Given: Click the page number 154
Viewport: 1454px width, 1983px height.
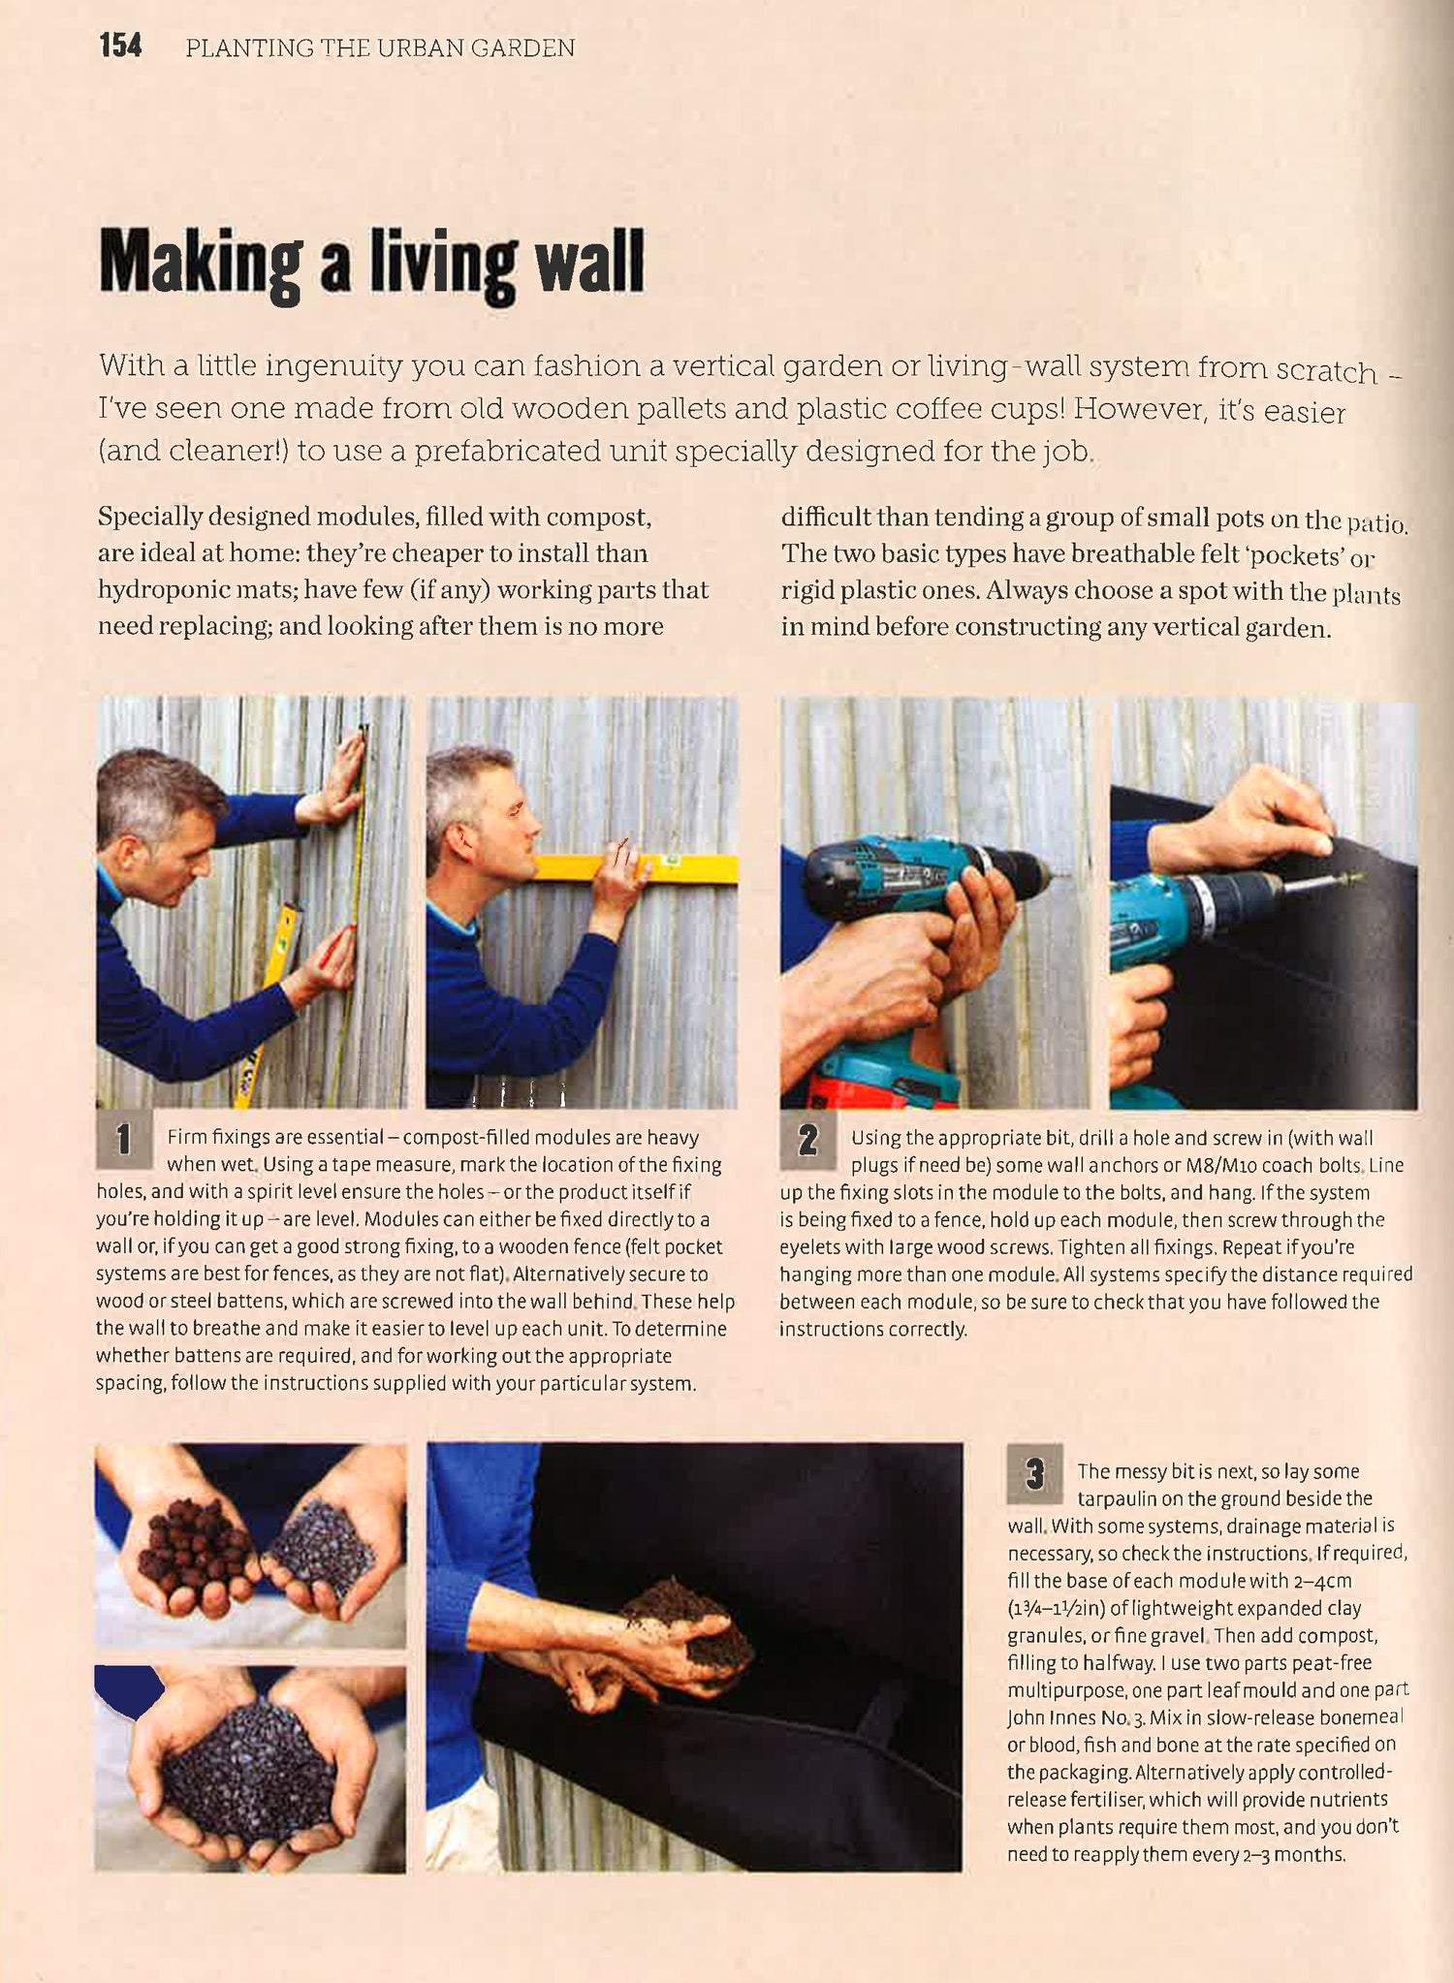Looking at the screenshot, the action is coord(120,46).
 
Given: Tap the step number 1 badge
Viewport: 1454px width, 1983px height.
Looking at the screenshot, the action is coord(124,1140).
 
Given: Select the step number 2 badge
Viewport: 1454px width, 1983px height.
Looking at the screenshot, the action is coord(807,1140).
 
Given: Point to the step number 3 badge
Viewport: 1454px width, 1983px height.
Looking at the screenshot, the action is coord(1034,1473).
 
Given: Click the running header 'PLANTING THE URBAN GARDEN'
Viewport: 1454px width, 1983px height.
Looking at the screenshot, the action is coord(380,47).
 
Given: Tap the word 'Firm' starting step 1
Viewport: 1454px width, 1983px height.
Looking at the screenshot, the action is coord(187,1137).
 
